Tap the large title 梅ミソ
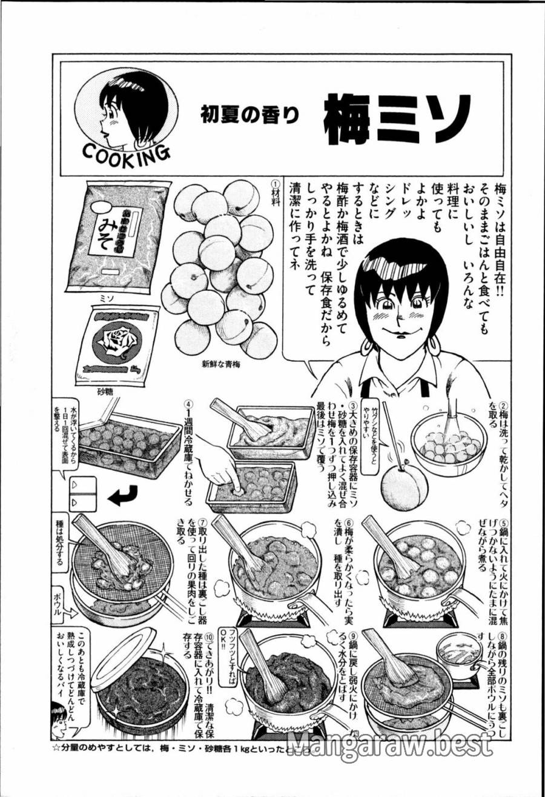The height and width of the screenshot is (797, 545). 396,118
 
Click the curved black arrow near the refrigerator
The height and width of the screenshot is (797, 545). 124,498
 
